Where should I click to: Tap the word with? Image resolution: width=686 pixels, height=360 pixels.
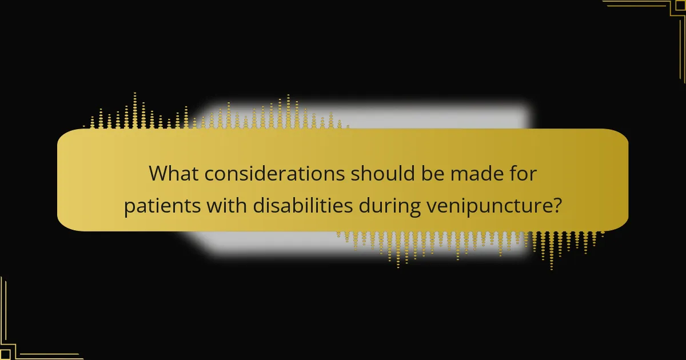[x=225, y=206]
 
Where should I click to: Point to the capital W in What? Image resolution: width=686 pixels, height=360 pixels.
[x=160, y=174]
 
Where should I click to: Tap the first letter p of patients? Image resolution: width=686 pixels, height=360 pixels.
[x=129, y=207]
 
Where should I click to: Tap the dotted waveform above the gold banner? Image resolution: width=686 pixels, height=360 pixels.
[x=217, y=114]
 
